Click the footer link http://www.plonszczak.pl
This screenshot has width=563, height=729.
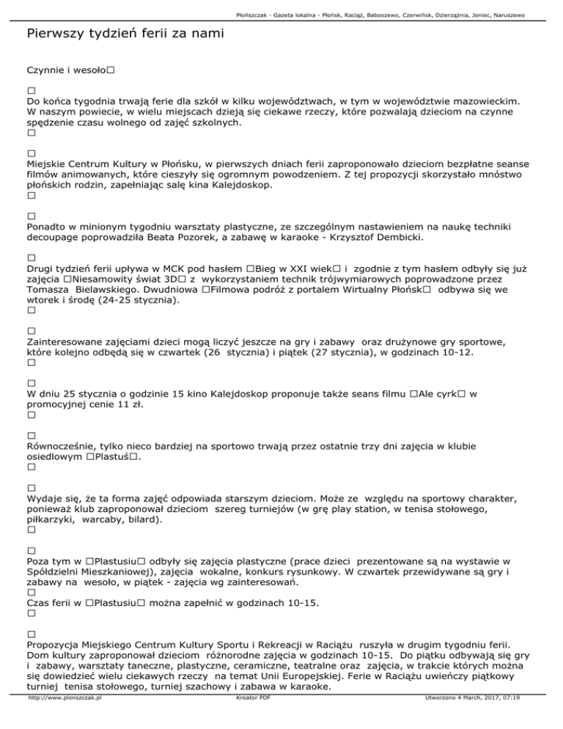click(x=64, y=719)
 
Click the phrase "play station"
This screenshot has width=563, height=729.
click(x=390, y=508)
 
